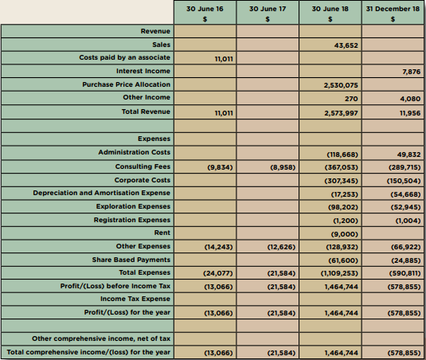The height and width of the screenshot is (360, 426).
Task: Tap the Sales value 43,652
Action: click(x=346, y=45)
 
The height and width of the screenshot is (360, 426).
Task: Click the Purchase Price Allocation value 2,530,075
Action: click(x=341, y=85)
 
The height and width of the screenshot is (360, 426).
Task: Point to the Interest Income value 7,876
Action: click(x=412, y=72)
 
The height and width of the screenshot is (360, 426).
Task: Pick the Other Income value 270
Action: click(x=351, y=99)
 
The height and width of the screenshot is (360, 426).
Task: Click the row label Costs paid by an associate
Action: click(x=125, y=57)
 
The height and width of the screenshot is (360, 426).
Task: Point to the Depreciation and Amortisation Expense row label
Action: click(x=102, y=193)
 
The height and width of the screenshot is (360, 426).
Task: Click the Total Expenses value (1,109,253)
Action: click(x=339, y=273)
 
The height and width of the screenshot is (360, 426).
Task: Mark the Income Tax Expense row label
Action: click(x=135, y=299)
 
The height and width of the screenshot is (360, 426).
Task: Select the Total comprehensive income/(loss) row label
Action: click(x=88, y=352)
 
